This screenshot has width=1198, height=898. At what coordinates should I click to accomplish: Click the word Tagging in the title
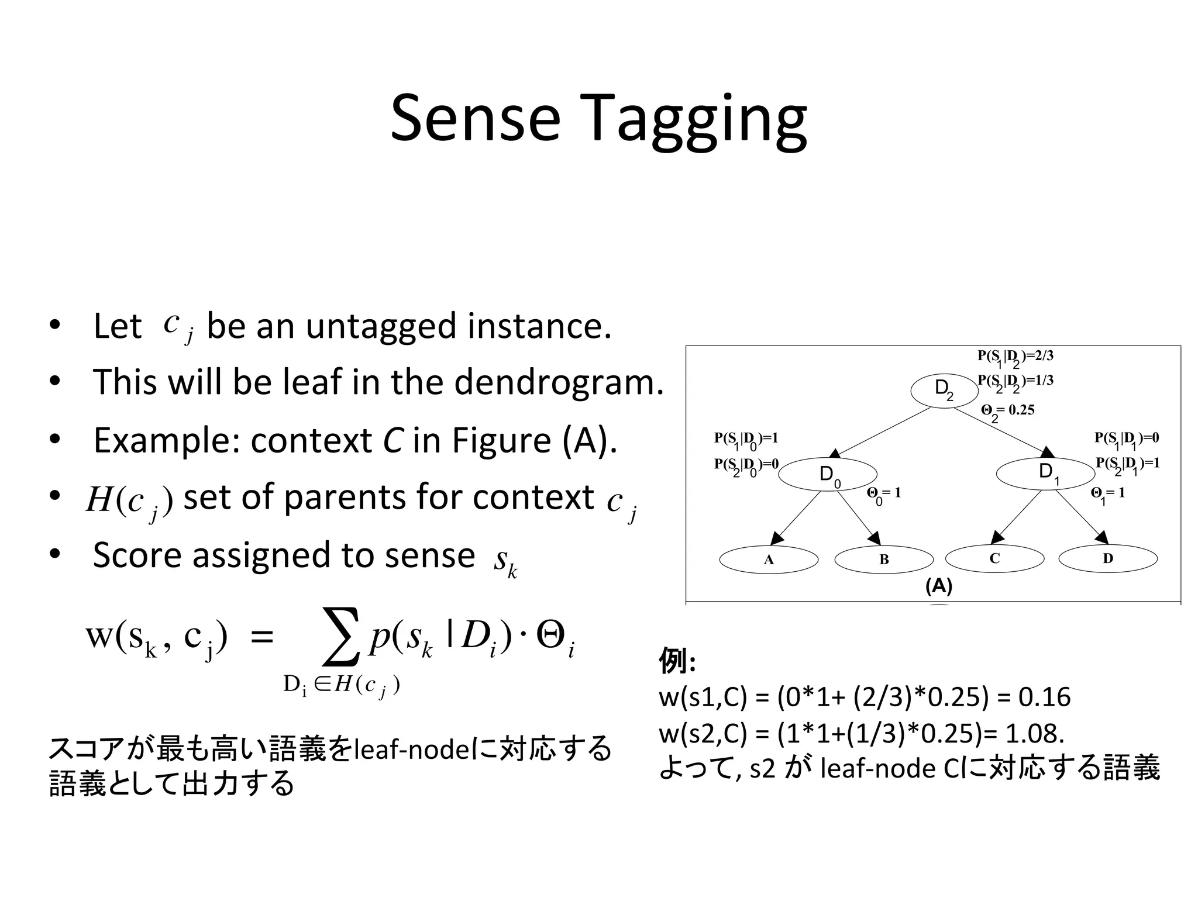click(x=693, y=120)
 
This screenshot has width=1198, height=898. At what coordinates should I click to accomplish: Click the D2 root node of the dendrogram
click(x=944, y=390)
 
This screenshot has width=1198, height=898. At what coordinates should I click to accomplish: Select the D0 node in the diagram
click(x=828, y=474)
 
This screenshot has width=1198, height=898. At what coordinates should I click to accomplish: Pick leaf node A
click(x=769, y=560)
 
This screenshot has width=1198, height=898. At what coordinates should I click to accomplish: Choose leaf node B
click(x=884, y=560)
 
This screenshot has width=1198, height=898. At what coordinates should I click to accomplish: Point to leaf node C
click(x=994, y=559)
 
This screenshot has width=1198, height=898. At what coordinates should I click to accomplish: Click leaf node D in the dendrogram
click(x=1108, y=559)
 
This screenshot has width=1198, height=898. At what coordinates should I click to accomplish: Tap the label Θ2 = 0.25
click(x=1007, y=411)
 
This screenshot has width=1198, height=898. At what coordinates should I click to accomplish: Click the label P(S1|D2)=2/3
click(x=1015, y=357)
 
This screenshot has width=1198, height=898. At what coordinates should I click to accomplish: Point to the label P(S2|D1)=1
click(x=1127, y=464)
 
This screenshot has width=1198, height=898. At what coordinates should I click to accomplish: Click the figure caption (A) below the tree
click(x=939, y=586)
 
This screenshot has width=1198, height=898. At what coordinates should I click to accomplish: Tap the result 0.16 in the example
click(x=1044, y=697)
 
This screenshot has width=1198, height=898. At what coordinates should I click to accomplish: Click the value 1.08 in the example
click(x=1034, y=733)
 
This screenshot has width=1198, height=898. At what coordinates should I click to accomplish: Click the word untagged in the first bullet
click(x=380, y=326)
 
